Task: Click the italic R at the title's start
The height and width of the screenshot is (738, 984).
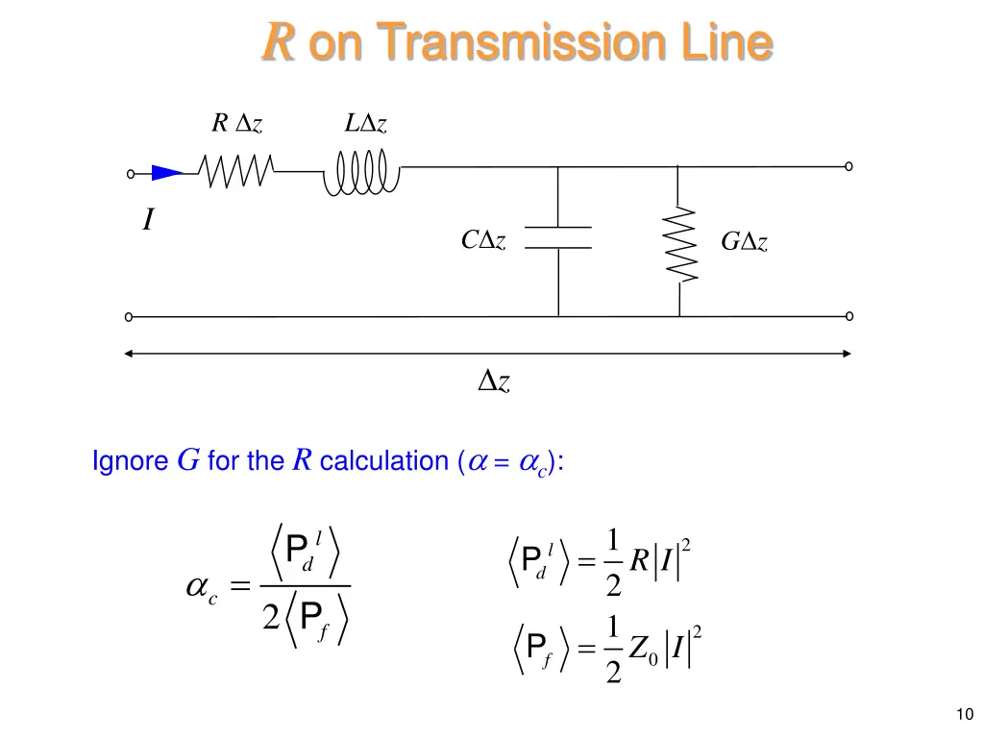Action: pyautogui.click(x=278, y=43)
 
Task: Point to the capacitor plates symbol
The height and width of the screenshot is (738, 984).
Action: pyautogui.click(x=558, y=238)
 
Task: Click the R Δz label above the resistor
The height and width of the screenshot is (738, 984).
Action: pyautogui.click(x=236, y=124)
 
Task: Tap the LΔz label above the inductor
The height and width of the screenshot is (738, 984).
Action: pyautogui.click(x=366, y=124)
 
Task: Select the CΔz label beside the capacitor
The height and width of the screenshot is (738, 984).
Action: pyautogui.click(x=484, y=240)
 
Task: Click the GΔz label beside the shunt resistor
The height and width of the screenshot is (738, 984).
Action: pyautogui.click(x=745, y=243)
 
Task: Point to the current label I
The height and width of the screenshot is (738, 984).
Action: pyautogui.click(x=147, y=222)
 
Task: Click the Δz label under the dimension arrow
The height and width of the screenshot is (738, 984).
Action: pyautogui.click(x=494, y=382)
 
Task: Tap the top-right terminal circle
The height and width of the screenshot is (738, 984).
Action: pyautogui.click(x=849, y=166)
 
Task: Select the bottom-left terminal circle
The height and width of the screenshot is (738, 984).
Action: pyautogui.click(x=129, y=316)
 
